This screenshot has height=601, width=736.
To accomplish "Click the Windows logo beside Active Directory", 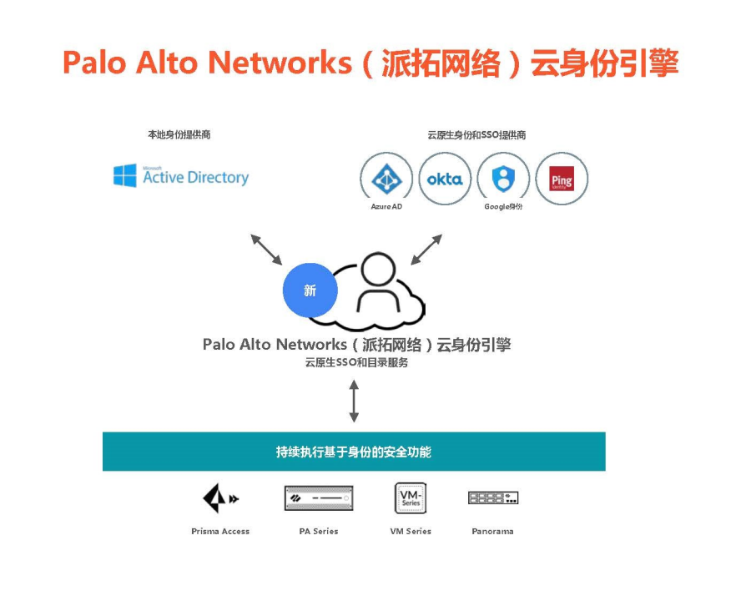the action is pos(125,175).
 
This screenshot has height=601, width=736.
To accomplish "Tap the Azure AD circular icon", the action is pos(386,178).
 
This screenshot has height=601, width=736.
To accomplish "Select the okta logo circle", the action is pos(445,179).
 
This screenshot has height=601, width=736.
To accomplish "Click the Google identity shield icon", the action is pos(503,178).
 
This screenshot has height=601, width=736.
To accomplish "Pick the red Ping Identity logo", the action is pos(562,179).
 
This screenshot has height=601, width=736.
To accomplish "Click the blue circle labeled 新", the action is pos(310,290).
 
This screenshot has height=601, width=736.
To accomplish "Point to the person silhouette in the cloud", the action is pos(378,282).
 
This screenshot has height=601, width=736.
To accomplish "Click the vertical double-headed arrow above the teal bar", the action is pos(355,401).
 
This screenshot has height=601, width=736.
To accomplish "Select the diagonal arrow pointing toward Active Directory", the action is pos(266,250).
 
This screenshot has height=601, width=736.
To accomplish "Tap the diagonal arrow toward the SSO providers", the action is pos(426,250).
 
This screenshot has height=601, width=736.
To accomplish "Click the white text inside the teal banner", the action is pos(354,452).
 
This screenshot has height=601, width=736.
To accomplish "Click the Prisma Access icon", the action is pos(220,497).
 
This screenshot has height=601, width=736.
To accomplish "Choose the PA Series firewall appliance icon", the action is pos(319,498).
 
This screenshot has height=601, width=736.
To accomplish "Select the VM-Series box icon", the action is pos(411,497).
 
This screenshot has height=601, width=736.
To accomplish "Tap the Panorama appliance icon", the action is pos(493,497).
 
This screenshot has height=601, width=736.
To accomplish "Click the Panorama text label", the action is pos(492,531).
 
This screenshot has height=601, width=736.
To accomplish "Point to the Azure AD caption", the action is pos(386,207).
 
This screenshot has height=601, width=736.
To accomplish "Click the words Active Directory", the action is pos(196,178).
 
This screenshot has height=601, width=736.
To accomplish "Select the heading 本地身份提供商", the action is pos(179,134).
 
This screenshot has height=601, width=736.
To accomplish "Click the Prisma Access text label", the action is pos(220,531).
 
